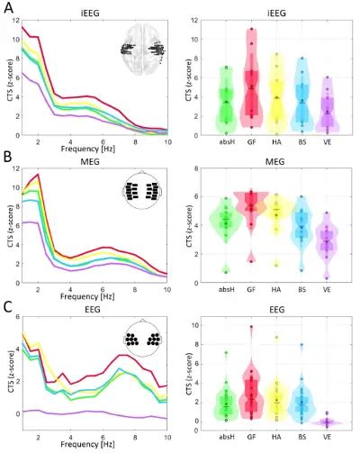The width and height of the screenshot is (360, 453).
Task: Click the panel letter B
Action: pos(6,157)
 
